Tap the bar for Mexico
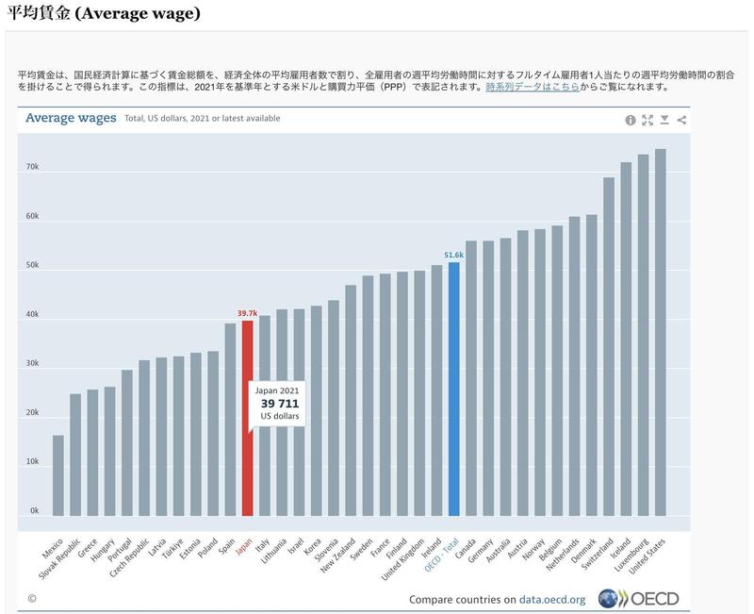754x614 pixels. coord(58,475)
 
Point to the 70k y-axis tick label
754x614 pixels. coord(32,167)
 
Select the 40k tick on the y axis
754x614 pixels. coord(32,314)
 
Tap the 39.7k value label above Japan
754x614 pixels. coord(247,312)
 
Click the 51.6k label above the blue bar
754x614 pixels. coord(454,255)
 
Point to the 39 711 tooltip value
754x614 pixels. coord(280,404)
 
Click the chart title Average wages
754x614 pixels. coord(71,118)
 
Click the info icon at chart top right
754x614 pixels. coord(631,120)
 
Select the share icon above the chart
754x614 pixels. coord(681,120)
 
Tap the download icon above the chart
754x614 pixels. coord(664,120)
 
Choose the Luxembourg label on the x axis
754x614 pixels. coord(633,556)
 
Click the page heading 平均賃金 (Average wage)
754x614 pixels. coord(104,15)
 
